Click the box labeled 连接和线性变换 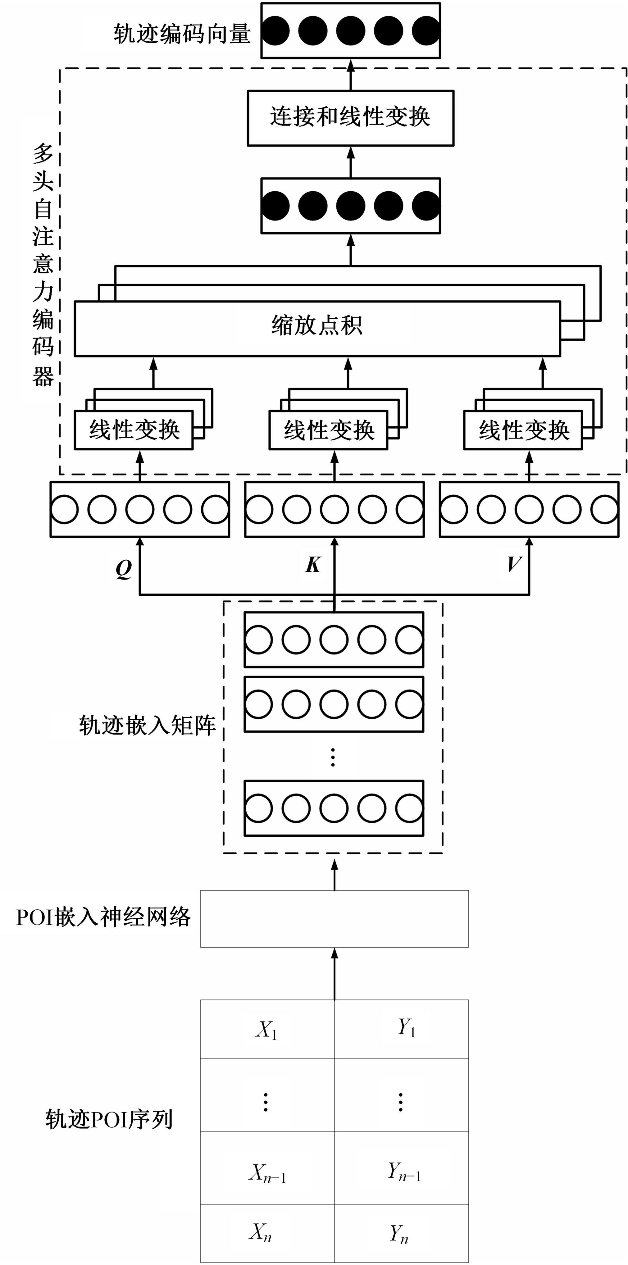[350, 118]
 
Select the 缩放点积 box [317, 328]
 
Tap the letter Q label [124, 569]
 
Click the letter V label [514, 564]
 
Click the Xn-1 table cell [267, 1174]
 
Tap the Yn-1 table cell [402, 1174]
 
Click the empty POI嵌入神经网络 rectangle [334, 919]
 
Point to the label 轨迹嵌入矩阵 [147, 726]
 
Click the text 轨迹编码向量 [182, 34]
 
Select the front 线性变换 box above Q [134, 430]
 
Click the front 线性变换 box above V [523, 430]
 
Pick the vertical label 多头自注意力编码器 [43, 265]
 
